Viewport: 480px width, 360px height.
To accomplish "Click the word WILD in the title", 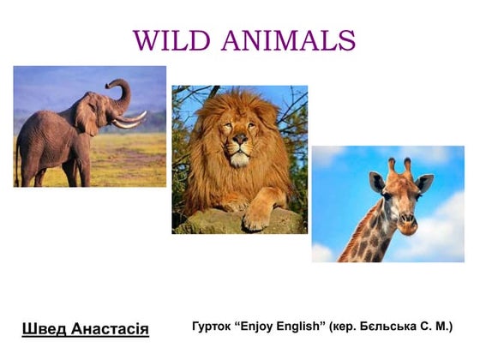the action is [x=172, y=40].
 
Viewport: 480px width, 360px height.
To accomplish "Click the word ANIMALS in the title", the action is [x=288, y=40].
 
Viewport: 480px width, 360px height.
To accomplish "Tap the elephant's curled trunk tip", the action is [x=109, y=85].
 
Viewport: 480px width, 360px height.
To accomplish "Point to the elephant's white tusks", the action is [x=129, y=120].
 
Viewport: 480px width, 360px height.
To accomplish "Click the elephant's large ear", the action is [x=87, y=113].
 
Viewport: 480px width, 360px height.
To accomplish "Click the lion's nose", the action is [x=240, y=139].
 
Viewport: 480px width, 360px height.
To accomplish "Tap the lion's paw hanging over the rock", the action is [x=256, y=218].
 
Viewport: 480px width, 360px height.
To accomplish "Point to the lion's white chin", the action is [x=239, y=159].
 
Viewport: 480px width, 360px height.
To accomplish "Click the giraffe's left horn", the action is [x=392, y=166].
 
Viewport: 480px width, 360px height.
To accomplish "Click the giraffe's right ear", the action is [x=424, y=183].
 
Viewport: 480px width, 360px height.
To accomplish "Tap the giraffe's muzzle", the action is [x=407, y=223].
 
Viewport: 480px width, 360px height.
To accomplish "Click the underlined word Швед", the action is [x=44, y=329].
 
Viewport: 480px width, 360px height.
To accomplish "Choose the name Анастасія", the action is [x=111, y=329].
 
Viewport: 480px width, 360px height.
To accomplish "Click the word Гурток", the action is [x=212, y=327].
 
